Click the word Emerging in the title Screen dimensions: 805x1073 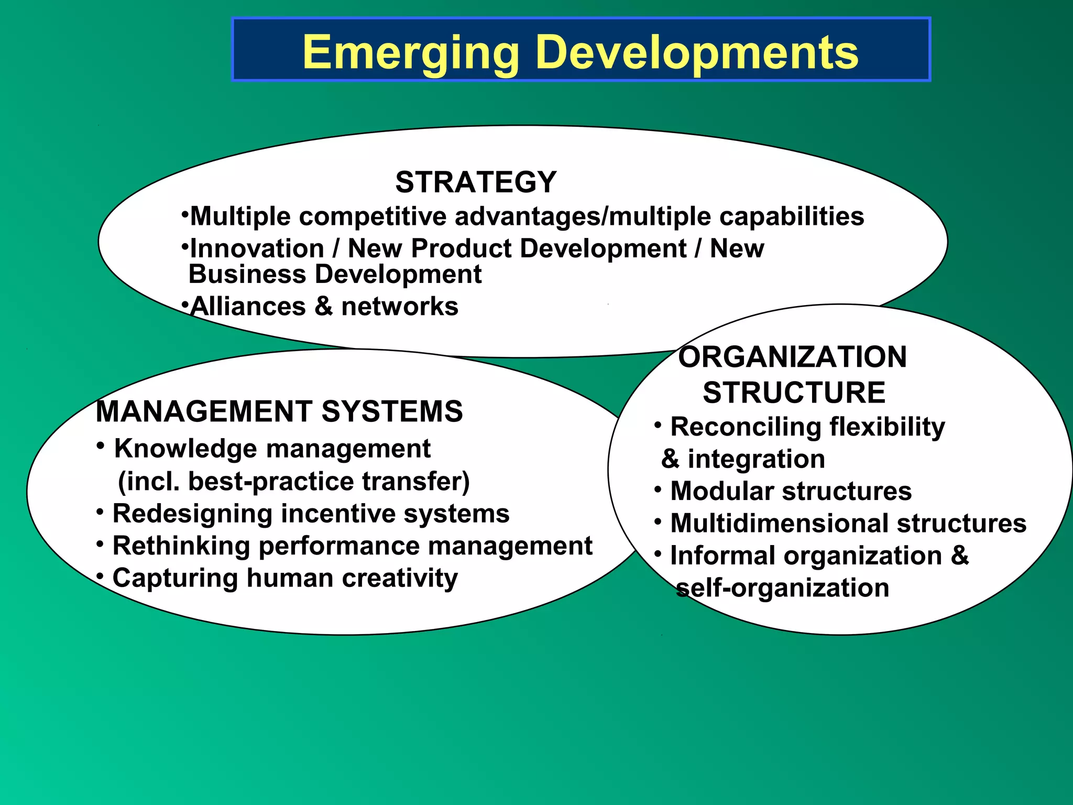pos(411,52)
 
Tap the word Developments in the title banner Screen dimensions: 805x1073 pos(697,52)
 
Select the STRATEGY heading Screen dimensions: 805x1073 pos(476,182)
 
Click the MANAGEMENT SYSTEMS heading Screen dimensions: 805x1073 pos(279,411)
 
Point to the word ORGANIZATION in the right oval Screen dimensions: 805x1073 pos(792,357)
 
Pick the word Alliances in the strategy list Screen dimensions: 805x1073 pos(248,307)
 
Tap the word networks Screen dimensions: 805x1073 pos(400,307)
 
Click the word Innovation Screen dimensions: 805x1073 pos(257,248)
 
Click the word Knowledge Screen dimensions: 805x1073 pos(186,449)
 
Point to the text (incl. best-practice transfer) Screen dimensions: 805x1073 pos(294,482)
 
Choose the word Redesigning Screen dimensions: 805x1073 pos(192,514)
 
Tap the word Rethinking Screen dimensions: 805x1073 pos(181,546)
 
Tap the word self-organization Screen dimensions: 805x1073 pos(783,588)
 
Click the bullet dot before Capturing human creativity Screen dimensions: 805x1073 pos(100,576)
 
